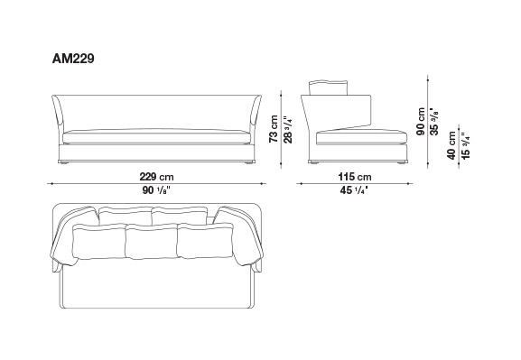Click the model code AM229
(x=73, y=59)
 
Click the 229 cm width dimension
(x=156, y=177)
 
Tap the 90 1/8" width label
(x=156, y=190)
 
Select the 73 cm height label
(x=273, y=129)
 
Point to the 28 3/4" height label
(x=288, y=130)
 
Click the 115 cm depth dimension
(x=355, y=177)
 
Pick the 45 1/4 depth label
(x=354, y=190)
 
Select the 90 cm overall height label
(x=421, y=121)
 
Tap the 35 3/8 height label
(x=434, y=121)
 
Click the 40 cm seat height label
(x=451, y=145)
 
